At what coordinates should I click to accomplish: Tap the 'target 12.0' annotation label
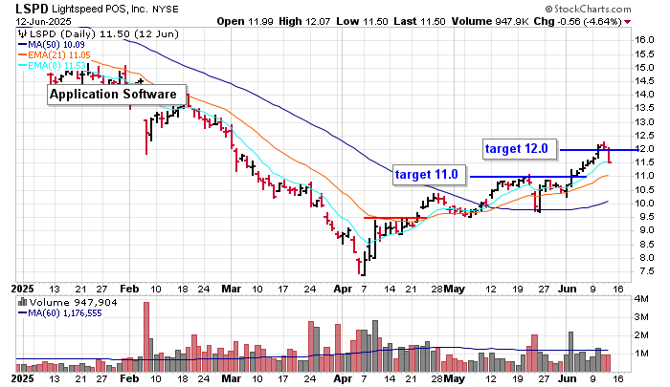point(516,149)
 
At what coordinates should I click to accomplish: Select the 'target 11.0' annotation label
point(428,175)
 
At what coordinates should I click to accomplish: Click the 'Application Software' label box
point(119,95)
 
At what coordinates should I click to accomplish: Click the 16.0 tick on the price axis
point(644,40)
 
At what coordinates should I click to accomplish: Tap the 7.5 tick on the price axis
point(644,271)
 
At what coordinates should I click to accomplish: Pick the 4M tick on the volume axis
point(644,300)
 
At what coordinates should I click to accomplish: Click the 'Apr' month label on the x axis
point(341,288)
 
